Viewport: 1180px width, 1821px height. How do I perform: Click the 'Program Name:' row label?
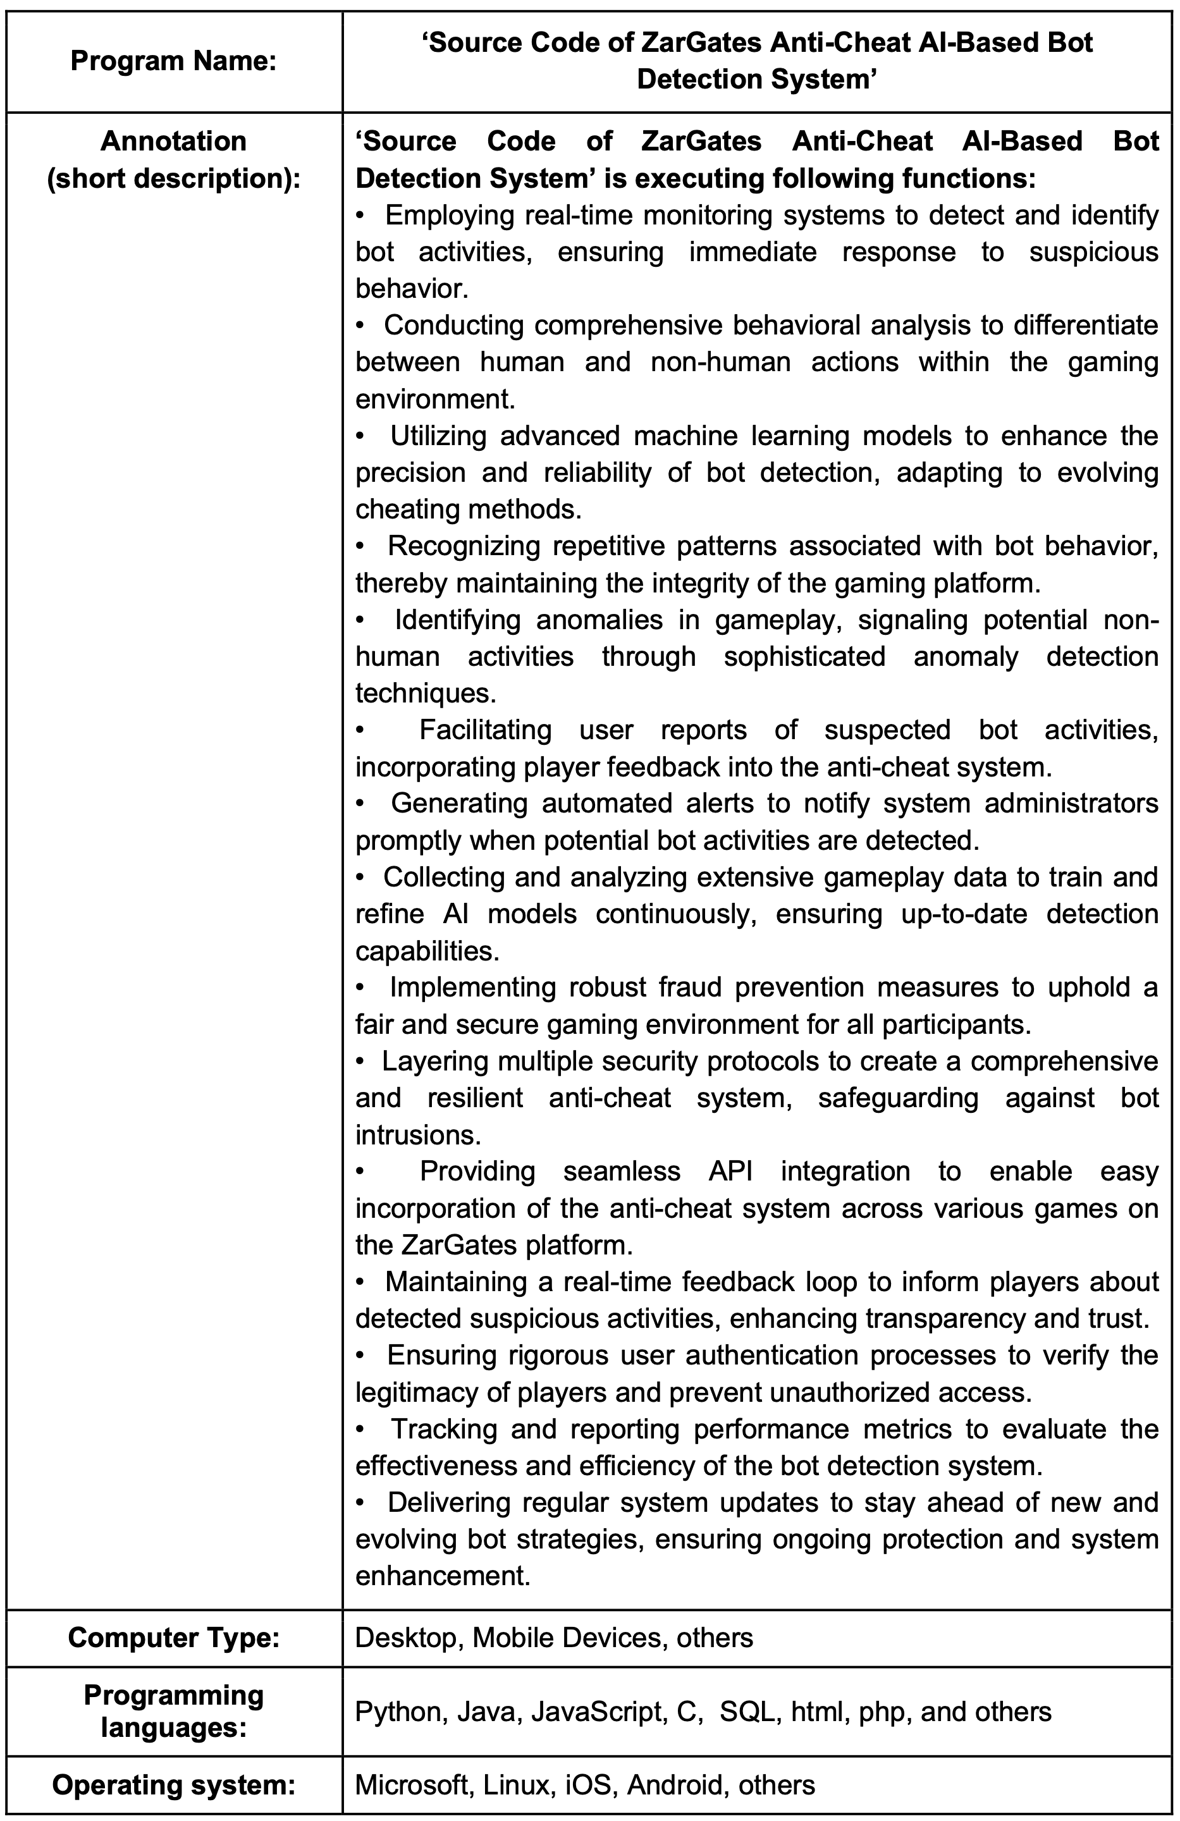coord(174,61)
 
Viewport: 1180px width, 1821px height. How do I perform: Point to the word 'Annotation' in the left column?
coord(174,142)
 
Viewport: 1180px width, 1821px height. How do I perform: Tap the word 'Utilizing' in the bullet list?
coord(438,436)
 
